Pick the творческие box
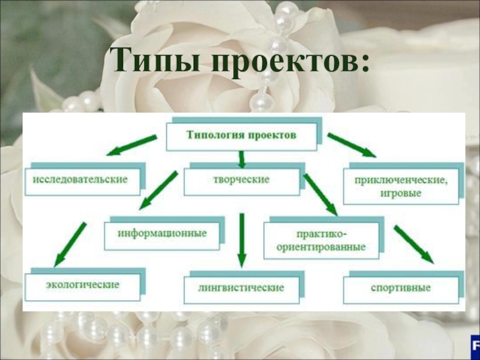coord(240,180)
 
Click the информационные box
coord(164,233)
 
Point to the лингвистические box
coord(241,287)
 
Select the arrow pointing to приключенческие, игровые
coord(352,145)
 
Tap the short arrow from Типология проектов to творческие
coord(241,159)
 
